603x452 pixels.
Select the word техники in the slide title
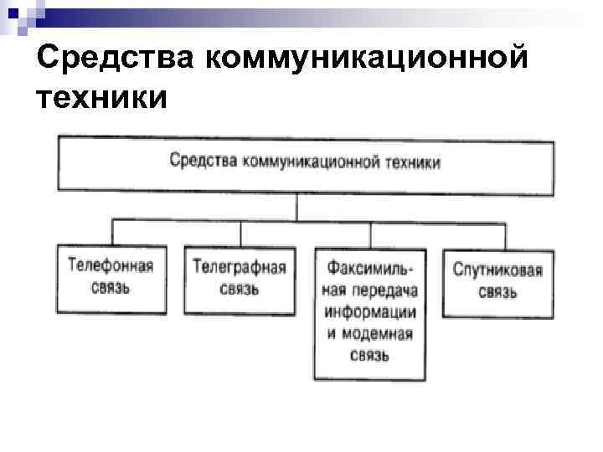pyautogui.click(x=101, y=98)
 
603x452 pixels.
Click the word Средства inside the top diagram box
pyautogui.click(x=204, y=160)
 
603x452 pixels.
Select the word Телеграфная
pyautogui.click(x=240, y=268)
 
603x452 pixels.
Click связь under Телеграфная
pyautogui.click(x=240, y=289)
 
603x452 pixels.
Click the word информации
pyautogui.click(x=371, y=311)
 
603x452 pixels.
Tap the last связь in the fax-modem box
pyautogui.click(x=370, y=356)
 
